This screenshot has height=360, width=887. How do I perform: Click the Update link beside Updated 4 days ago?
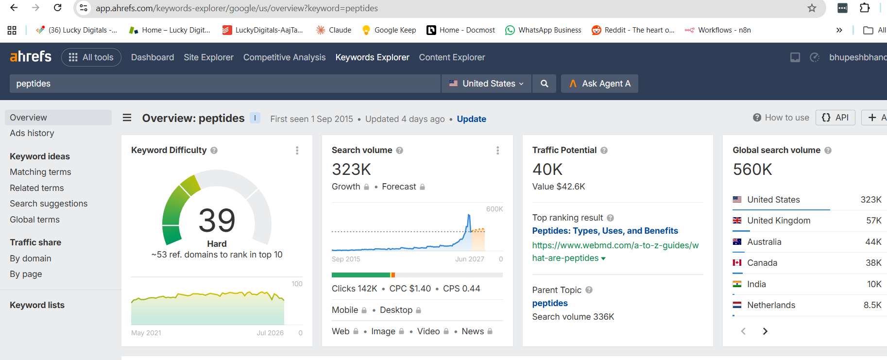pos(471,119)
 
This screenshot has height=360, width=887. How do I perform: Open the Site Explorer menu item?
pos(208,57)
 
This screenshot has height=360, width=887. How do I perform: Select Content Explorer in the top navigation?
pos(452,57)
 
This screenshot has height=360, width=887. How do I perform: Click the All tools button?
pos(91,57)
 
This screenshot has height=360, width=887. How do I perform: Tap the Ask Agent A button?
pos(599,84)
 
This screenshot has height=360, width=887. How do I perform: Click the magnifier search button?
pos(545,84)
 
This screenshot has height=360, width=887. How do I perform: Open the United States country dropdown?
pos(486,84)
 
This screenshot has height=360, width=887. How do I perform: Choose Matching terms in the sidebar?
pos(40,172)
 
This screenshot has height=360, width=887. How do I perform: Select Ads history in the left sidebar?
pos(32,133)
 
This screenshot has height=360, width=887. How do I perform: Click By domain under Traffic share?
pos(31,258)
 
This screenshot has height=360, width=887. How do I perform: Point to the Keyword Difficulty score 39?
pos(217,220)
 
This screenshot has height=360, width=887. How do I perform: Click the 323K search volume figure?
pos(351,169)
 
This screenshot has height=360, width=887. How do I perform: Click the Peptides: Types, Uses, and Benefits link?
pos(605,231)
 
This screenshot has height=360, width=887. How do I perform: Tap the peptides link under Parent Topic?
pos(550,303)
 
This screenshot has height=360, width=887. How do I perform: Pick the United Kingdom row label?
pos(779,221)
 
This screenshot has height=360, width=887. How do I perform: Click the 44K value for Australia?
pos(873,242)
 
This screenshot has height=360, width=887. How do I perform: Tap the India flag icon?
pos(737,284)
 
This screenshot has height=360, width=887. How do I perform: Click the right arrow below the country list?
pos(765,331)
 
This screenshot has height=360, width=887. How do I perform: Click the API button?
pos(835,118)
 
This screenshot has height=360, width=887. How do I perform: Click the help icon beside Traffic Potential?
pos(604,151)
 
